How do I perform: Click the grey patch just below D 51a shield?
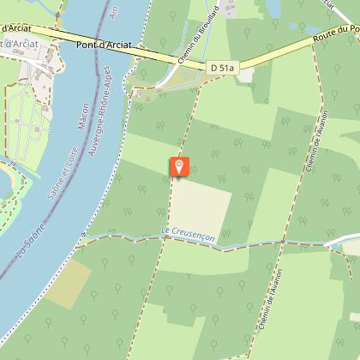click(x=246, y=76)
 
